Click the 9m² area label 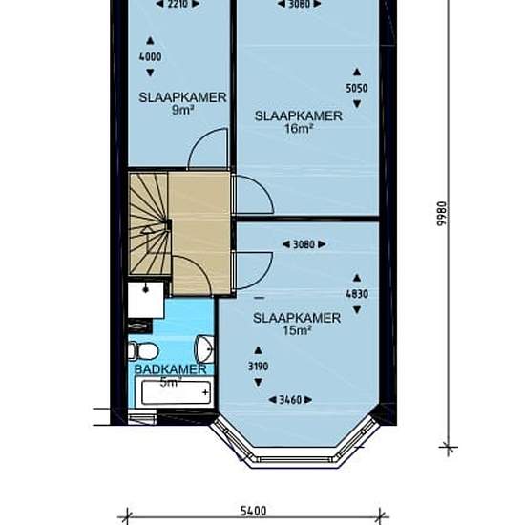(x=183, y=110)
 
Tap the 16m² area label (x=299, y=128)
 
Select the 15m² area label (x=297, y=331)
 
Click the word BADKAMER (x=171, y=369)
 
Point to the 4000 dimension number (x=150, y=56)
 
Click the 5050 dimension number (x=357, y=88)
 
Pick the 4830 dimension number (x=357, y=294)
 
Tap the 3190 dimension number (x=258, y=367)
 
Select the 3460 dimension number (x=290, y=400)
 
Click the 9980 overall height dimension (x=442, y=214)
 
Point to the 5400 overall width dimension (x=254, y=511)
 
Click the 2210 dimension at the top (x=178, y=4)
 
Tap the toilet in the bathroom (x=143, y=351)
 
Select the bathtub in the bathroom (x=175, y=391)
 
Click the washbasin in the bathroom (x=204, y=348)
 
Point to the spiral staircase (x=150, y=223)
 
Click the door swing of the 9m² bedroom (x=208, y=147)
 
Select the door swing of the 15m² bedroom (x=253, y=270)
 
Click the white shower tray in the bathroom (x=146, y=300)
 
